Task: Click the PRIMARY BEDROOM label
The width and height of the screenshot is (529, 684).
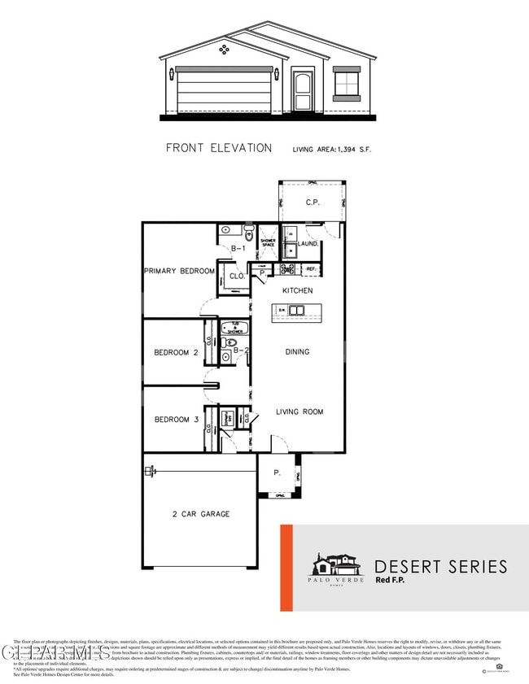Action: (x=179, y=271)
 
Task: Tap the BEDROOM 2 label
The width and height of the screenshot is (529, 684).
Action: (x=177, y=352)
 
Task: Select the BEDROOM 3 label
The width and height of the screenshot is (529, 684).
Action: (x=177, y=420)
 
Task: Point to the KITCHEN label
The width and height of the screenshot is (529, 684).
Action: (x=297, y=290)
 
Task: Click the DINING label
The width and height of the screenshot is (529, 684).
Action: (x=297, y=352)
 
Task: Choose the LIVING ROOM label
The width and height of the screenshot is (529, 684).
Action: (x=299, y=412)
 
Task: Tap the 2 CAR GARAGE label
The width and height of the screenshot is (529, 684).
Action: (x=200, y=514)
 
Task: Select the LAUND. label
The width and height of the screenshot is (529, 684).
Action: (x=308, y=243)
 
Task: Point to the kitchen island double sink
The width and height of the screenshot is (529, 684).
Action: (x=295, y=310)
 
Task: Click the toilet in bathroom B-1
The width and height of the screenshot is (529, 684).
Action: (x=249, y=231)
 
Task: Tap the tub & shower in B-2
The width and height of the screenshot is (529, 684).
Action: (x=234, y=328)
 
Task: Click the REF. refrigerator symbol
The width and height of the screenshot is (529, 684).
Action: (x=310, y=268)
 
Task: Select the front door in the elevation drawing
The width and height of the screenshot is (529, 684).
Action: (x=303, y=91)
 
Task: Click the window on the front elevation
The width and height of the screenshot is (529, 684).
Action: (x=347, y=84)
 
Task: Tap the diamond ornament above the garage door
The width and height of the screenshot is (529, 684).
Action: (x=225, y=50)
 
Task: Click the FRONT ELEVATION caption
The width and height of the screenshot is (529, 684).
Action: (x=219, y=148)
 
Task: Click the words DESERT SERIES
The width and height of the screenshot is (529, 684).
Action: (x=440, y=566)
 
